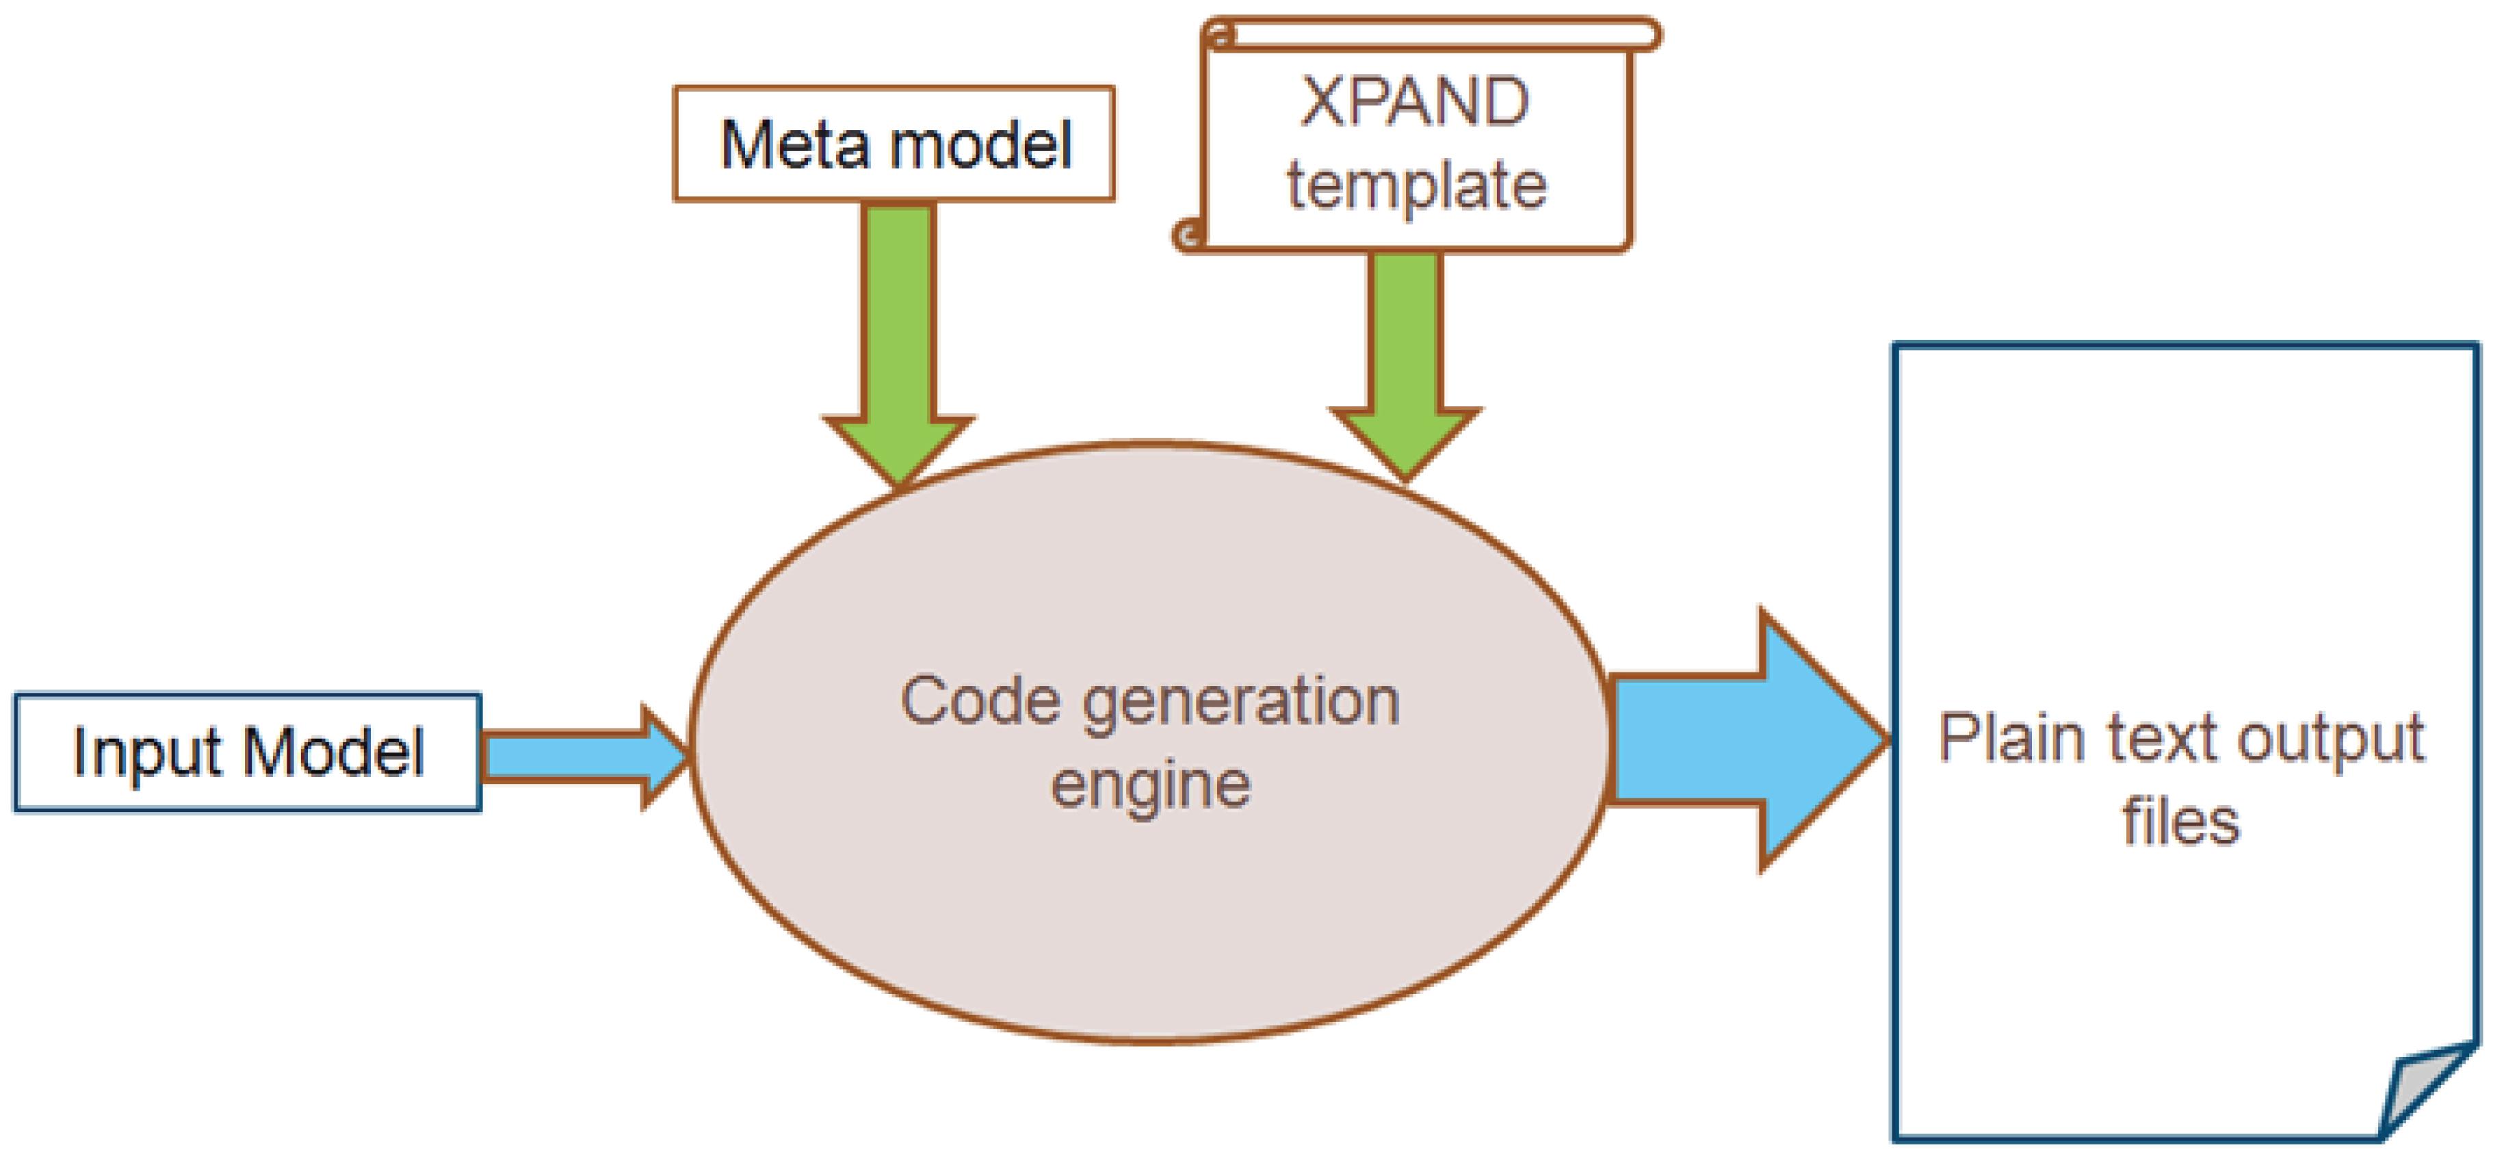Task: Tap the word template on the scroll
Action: tap(1416, 185)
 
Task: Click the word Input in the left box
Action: tap(147, 753)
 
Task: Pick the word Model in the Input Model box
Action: tap(332, 753)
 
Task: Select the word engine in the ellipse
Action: tap(1150, 785)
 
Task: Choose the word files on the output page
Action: tap(2180, 821)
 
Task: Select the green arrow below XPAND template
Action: tap(1404, 350)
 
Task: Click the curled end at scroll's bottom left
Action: tap(1188, 234)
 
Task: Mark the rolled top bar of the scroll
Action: tap(1429, 35)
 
